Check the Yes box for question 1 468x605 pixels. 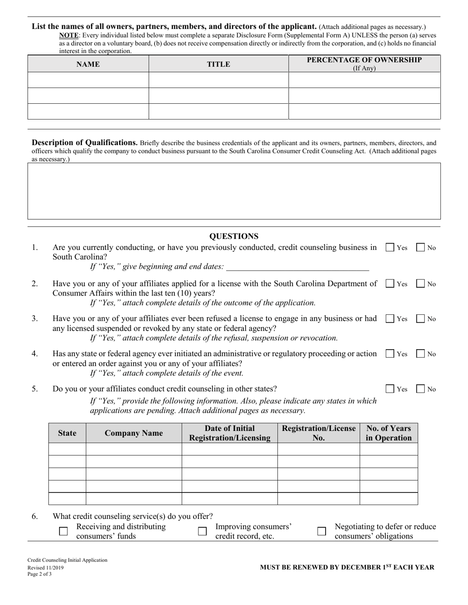coord(390,248)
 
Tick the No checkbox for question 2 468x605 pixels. coord(421,284)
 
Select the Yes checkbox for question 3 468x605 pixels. coord(390,319)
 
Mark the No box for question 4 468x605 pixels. coord(421,354)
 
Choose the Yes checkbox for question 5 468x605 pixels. coord(390,389)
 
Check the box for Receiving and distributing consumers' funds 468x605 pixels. coord(63,531)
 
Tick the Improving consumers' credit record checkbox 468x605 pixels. coord(202,531)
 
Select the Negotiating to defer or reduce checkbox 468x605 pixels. coord(322,531)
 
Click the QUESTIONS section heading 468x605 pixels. coord(234,236)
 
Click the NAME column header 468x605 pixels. coord(88,64)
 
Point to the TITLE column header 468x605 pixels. coord(218,64)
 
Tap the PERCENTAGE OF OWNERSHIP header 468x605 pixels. coord(364,63)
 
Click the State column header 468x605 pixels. coord(67,433)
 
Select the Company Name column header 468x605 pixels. coord(134,433)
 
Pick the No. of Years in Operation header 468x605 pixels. coord(388,433)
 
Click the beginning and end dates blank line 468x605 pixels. coord(297,267)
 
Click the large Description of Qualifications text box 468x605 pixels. coord(234,191)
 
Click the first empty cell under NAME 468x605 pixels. coord(88,80)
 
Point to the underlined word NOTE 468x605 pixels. coord(68,35)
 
